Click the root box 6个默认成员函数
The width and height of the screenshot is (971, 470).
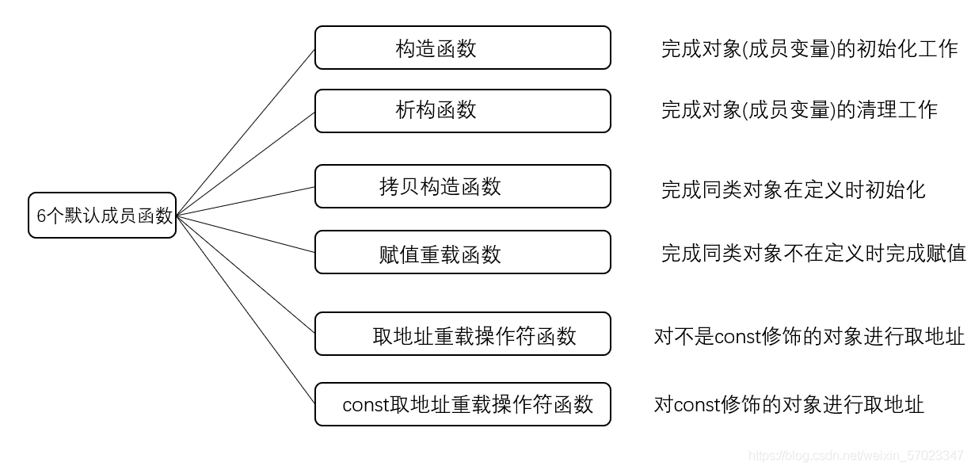[x=102, y=216]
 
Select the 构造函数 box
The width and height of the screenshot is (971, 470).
[x=463, y=48]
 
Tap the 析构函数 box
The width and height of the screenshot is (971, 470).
[x=463, y=111]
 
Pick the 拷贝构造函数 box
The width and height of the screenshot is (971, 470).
[x=463, y=186]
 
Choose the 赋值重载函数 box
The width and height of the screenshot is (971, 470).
[x=463, y=252]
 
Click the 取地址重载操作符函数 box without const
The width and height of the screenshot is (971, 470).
[x=463, y=334]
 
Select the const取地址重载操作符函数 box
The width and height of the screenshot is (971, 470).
[x=463, y=404]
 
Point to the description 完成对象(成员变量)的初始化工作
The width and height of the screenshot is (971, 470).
[x=809, y=48]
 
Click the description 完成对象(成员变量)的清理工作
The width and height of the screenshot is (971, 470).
[x=799, y=110]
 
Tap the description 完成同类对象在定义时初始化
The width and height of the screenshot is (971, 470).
[x=794, y=189]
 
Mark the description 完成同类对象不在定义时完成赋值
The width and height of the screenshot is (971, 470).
[x=813, y=253]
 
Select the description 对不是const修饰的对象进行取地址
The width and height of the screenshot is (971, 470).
[x=809, y=336]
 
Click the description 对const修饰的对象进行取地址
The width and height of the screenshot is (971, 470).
[x=789, y=404]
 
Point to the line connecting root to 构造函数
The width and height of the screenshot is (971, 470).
[x=246, y=132]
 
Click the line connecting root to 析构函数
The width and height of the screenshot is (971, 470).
[x=246, y=164]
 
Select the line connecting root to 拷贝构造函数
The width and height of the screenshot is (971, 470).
[x=246, y=201]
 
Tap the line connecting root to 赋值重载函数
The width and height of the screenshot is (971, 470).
[x=246, y=234]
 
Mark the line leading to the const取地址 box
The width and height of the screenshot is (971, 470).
[x=246, y=309]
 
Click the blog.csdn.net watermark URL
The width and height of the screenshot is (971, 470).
[x=855, y=456]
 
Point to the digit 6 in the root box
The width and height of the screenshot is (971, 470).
[x=41, y=216]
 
